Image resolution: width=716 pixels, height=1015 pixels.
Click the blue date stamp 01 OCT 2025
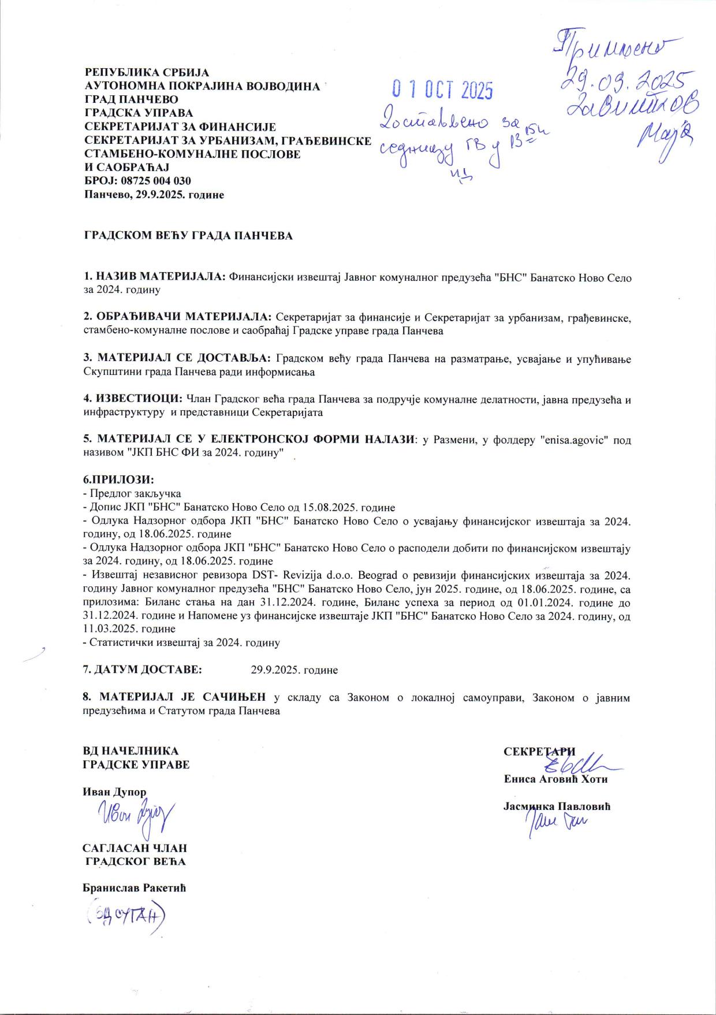[x=442, y=90]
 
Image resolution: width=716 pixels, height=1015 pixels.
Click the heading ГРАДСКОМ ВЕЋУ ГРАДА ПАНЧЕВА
[x=188, y=236]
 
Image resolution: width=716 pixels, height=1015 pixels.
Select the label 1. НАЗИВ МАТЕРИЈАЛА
[x=155, y=277]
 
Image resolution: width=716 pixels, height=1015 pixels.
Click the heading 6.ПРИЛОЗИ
[x=119, y=480]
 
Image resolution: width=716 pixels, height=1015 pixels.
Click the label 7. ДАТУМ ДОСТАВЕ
[x=142, y=670]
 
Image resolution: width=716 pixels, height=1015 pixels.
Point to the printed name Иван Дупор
[x=114, y=792]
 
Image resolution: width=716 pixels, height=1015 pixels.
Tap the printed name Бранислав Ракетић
[x=134, y=888]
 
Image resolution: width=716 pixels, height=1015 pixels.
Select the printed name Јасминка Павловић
[x=557, y=806]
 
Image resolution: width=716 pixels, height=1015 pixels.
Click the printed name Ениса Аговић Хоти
[x=555, y=779]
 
